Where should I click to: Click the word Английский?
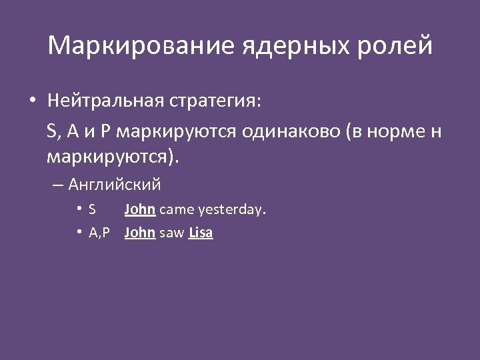[x=115, y=185]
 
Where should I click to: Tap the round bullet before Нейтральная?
[x=32, y=101]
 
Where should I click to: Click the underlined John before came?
[x=140, y=209]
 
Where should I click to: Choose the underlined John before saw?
[x=140, y=233]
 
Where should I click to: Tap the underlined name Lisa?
[x=201, y=233]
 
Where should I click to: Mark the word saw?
[x=172, y=233]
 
